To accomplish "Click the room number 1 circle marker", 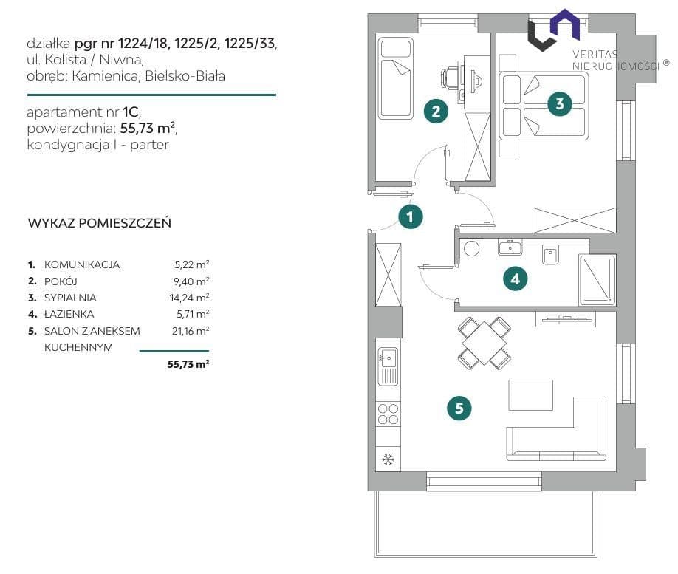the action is pos(411,216).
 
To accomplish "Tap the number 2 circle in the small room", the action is pos(436,111).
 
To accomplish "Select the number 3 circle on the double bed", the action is pos(560,104).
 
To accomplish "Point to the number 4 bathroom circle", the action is pos(516,279).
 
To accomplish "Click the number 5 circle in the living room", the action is pos(459,408).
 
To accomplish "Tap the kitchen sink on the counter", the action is pos(388,366).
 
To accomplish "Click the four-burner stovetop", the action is pos(388,414).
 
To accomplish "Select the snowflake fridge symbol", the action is pos(388,459).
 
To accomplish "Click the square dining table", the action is pos(484,344).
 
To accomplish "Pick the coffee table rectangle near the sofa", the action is pos(530,395).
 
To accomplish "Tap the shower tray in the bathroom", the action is pos(597,279).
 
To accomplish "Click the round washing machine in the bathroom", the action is pos(471,249).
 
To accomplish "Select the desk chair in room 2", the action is pos(450,78).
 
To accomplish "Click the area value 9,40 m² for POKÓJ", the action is pos(191,281).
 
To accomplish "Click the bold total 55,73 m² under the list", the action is pos(188,364).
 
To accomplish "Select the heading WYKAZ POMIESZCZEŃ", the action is pos(100,223).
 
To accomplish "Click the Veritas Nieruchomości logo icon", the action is pos(553,30).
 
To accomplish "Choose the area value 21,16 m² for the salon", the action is pos(191,331).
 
